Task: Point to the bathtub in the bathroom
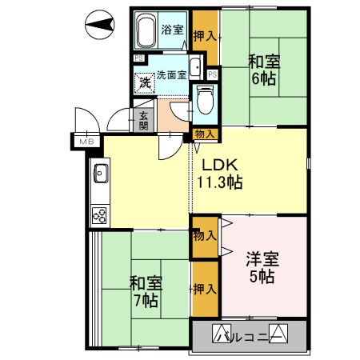point(146,32)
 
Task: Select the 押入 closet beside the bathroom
point(205,36)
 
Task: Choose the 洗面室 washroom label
point(170,75)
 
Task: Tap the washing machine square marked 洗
point(145,82)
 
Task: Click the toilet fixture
point(203,99)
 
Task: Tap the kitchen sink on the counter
point(102,171)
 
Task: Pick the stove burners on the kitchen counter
point(102,214)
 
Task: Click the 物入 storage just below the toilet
point(204,134)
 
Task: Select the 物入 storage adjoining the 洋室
point(204,236)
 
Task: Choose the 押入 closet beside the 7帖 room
point(204,289)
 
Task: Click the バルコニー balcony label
point(248,334)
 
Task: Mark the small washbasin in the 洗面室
point(195,67)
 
